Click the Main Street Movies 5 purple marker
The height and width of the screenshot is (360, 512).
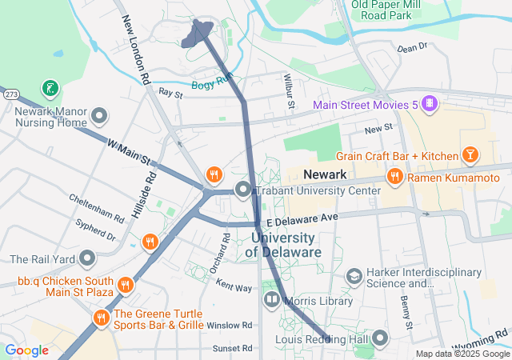click(x=430, y=104)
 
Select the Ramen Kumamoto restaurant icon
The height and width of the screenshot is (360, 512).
click(x=394, y=177)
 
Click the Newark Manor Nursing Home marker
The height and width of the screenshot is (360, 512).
click(x=100, y=117)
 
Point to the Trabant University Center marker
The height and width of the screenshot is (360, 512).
click(x=243, y=190)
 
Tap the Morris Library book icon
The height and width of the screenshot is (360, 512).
click(x=271, y=301)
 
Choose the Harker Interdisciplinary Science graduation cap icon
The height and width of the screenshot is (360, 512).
click(x=354, y=276)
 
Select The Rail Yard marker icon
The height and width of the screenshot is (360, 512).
click(x=87, y=259)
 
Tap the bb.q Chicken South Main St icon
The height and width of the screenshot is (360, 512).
click(x=125, y=285)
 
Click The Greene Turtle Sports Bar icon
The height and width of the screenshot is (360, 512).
click(x=101, y=318)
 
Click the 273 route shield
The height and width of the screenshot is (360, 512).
click(x=10, y=94)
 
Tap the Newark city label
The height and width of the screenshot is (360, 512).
click(x=325, y=174)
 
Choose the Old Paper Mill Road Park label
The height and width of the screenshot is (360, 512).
click(x=388, y=10)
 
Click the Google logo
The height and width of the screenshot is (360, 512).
click(x=26, y=350)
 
